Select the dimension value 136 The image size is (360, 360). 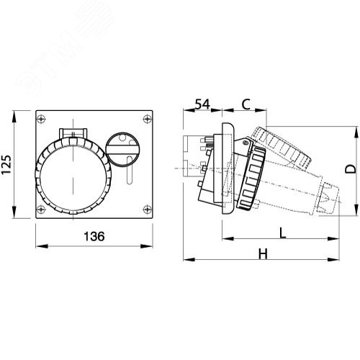(94, 235)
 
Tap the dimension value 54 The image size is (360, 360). (202, 105)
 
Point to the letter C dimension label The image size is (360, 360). (245, 105)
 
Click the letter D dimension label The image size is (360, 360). (349, 170)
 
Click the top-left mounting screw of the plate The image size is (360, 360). (42, 118)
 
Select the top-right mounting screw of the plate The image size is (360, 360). (147, 118)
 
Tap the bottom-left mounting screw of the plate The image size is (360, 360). (42, 210)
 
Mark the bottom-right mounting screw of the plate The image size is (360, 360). (147, 210)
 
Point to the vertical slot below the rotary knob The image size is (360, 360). (130, 173)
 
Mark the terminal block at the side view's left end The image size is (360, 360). (193, 166)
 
